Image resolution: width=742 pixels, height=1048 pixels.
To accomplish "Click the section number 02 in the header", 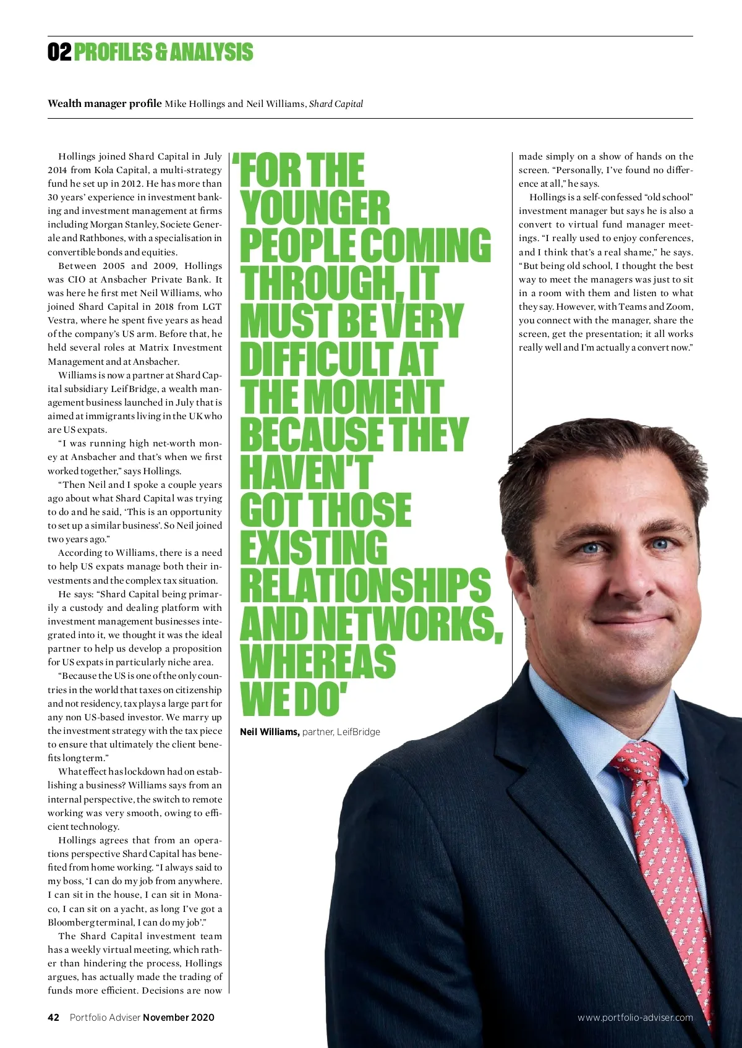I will pos(59,52).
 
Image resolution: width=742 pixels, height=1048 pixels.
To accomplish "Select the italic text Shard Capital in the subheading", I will pos(336,104).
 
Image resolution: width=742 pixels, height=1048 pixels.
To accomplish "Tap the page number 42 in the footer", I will pos(54,1017).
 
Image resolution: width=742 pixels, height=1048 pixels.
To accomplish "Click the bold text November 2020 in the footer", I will pos(179,1017).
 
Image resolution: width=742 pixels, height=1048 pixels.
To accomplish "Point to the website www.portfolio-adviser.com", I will pos(635,1017).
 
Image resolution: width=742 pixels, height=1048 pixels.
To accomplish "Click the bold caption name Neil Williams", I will pos(270,732).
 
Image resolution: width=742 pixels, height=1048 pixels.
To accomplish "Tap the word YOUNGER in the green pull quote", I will pos(315,208).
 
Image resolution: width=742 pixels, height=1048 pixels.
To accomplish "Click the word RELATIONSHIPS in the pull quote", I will pos(365,586).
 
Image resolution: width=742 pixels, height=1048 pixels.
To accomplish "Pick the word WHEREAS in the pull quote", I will pos(317,661).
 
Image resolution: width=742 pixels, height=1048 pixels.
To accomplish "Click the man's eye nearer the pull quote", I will pos(592,547).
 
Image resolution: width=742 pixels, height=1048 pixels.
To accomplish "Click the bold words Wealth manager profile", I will pos(104,104).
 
